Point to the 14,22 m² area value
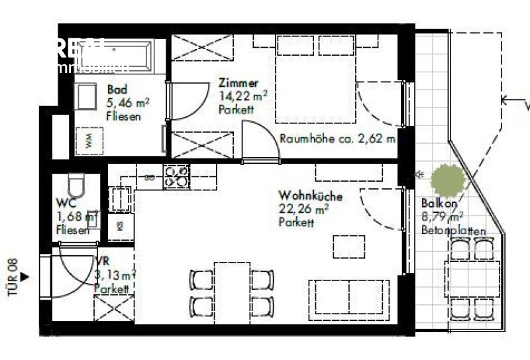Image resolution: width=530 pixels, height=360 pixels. point(242,95)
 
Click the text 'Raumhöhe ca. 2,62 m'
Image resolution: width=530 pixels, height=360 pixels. point(337,139)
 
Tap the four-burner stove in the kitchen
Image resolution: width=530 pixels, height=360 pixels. point(176,176)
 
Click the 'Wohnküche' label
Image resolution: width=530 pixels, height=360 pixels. point(310,196)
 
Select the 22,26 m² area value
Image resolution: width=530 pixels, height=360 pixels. point(303,210)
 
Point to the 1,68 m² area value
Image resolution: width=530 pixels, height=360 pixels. point(77,217)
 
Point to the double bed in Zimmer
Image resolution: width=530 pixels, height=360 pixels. point(317,78)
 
